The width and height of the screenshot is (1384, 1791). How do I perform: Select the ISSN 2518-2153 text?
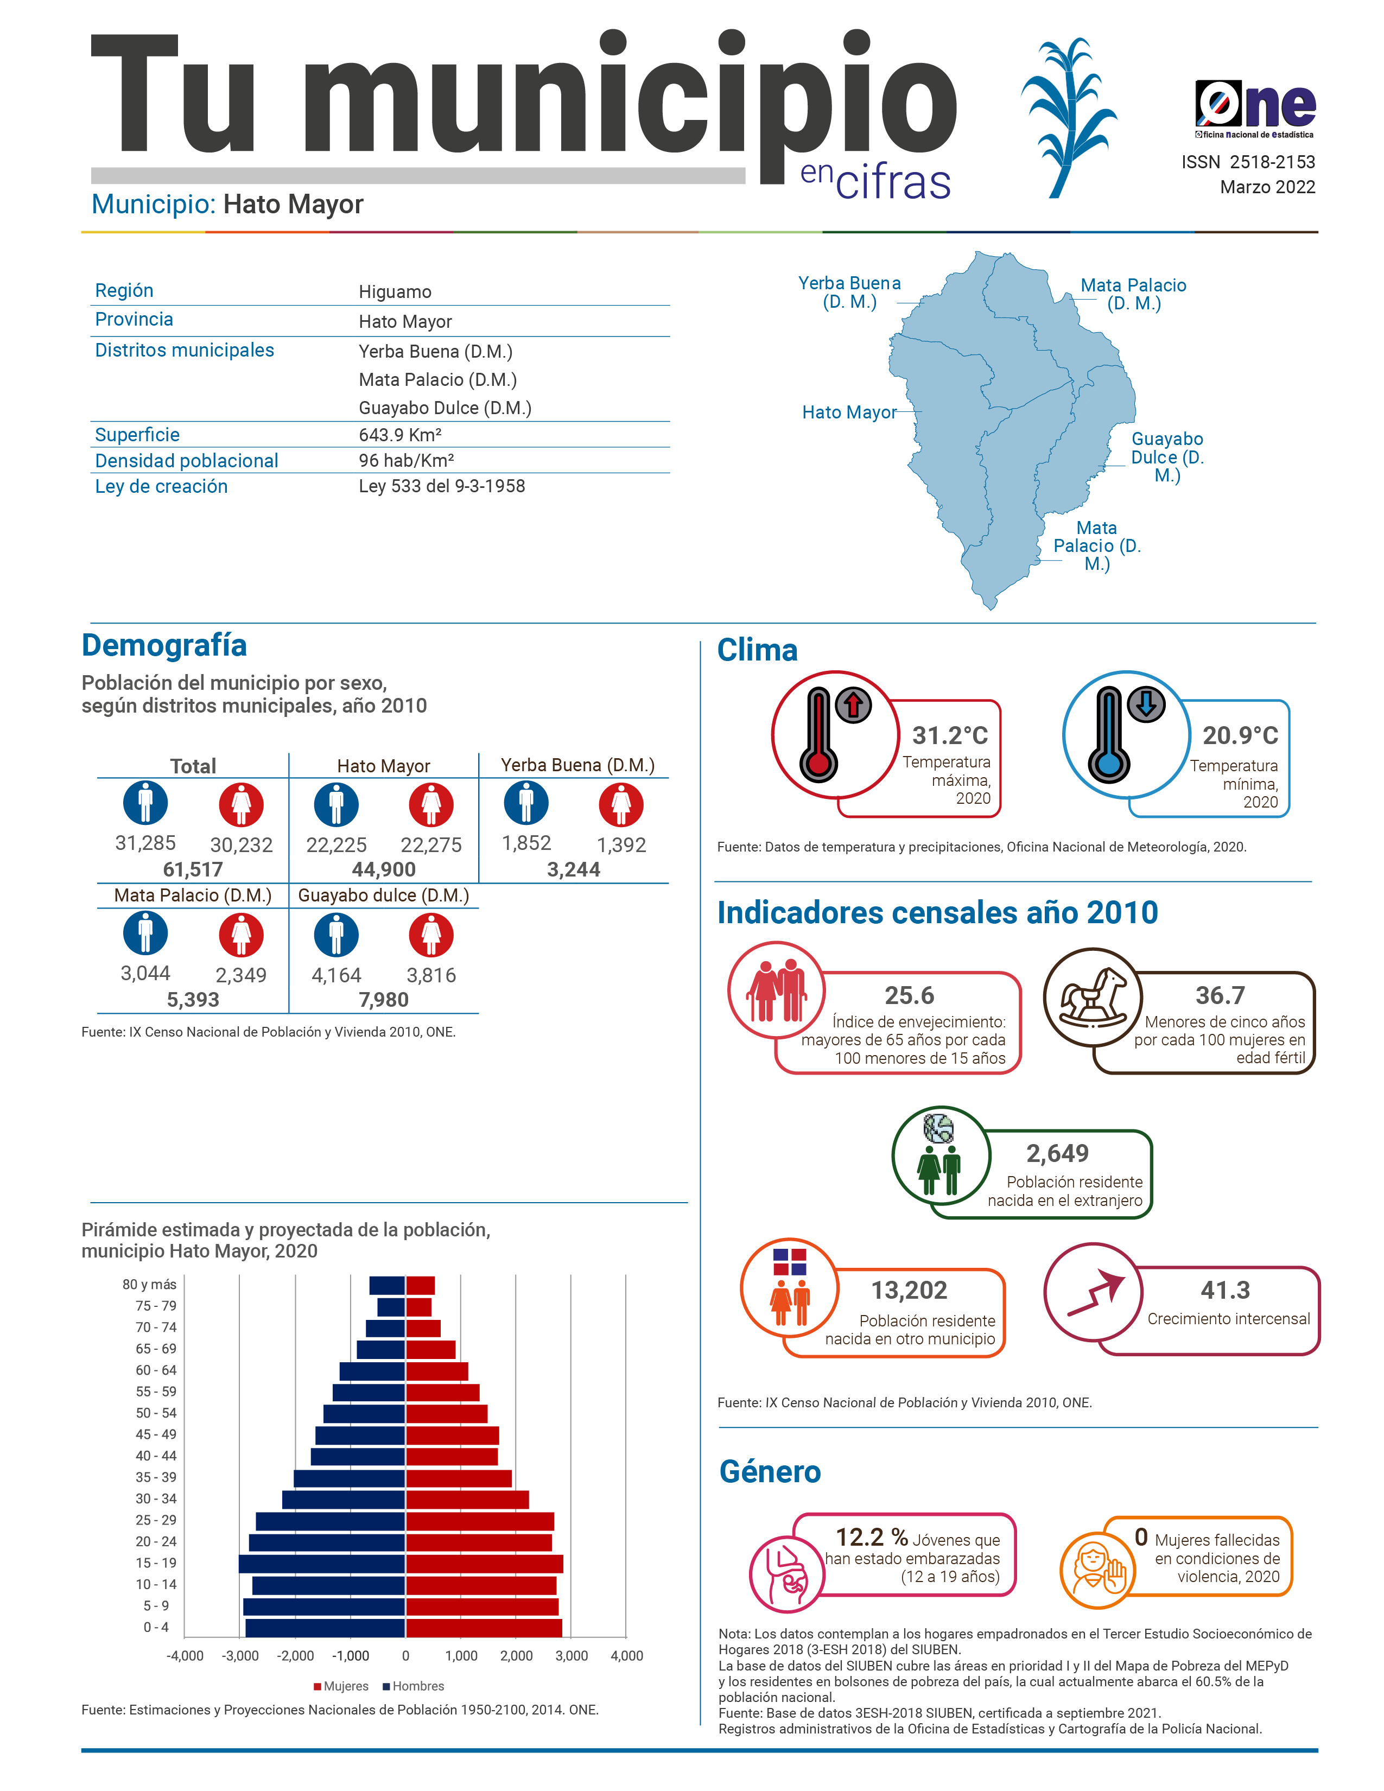tap(1247, 162)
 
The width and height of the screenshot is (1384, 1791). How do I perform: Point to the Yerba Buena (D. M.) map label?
tap(849, 293)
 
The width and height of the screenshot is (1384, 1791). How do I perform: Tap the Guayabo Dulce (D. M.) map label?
tap(1167, 457)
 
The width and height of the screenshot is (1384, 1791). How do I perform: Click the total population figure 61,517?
tap(193, 869)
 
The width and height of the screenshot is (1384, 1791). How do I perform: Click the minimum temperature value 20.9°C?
tap(1240, 735)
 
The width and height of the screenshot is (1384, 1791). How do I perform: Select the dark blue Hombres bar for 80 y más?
tap(387, 1286)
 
